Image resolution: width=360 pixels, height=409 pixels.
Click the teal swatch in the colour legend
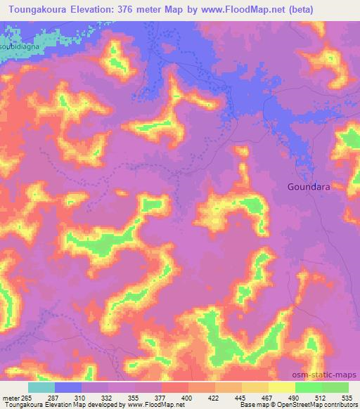41,387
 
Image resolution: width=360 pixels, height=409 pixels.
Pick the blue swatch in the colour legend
68,387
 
